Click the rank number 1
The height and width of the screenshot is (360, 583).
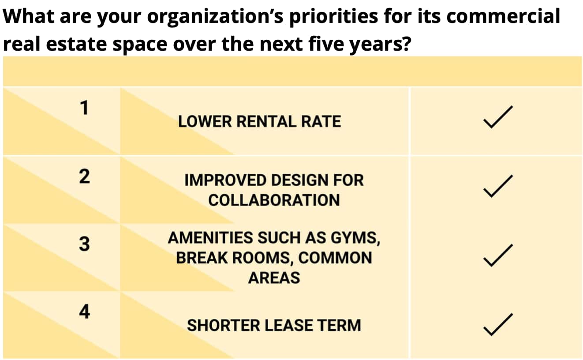pyautogui.click(x=84, y=108)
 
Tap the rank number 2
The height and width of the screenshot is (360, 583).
pyautogui.click(x=85, y=176)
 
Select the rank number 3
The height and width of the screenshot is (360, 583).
pyautogui.click(x=84, y=244)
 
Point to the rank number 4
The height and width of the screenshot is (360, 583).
pyautogui.click(x=85, y=311)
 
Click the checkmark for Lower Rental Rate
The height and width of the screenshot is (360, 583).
pyautogui.click(x=498, y=117)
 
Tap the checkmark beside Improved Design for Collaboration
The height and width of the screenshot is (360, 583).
pyautogui.click(x=498, y=186)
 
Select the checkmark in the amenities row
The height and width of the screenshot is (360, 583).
pyautogui.click(x=498, y=255)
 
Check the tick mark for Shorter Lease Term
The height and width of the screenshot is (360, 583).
pyautogui.click(x=498, y=324)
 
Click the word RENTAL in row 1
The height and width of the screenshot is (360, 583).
pyautogui.click(x=266, y=122)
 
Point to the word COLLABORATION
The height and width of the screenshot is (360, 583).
pyautogui.click(x=274, y=200)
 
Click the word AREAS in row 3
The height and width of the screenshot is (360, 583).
pyautogui.click(x=274, y=277)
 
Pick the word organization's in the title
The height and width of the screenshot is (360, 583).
pyautogui.click(x=215, y=17)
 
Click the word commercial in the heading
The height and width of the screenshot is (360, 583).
pyautogui.click(x=503, y=16)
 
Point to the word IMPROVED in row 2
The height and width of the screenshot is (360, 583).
pyautogui.click(x=226, y=180)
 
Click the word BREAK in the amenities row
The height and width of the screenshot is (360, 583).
pyautogui.click(x=202, y=258)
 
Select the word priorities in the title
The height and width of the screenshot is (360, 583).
pyautogui.click(x=334, y=17)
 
